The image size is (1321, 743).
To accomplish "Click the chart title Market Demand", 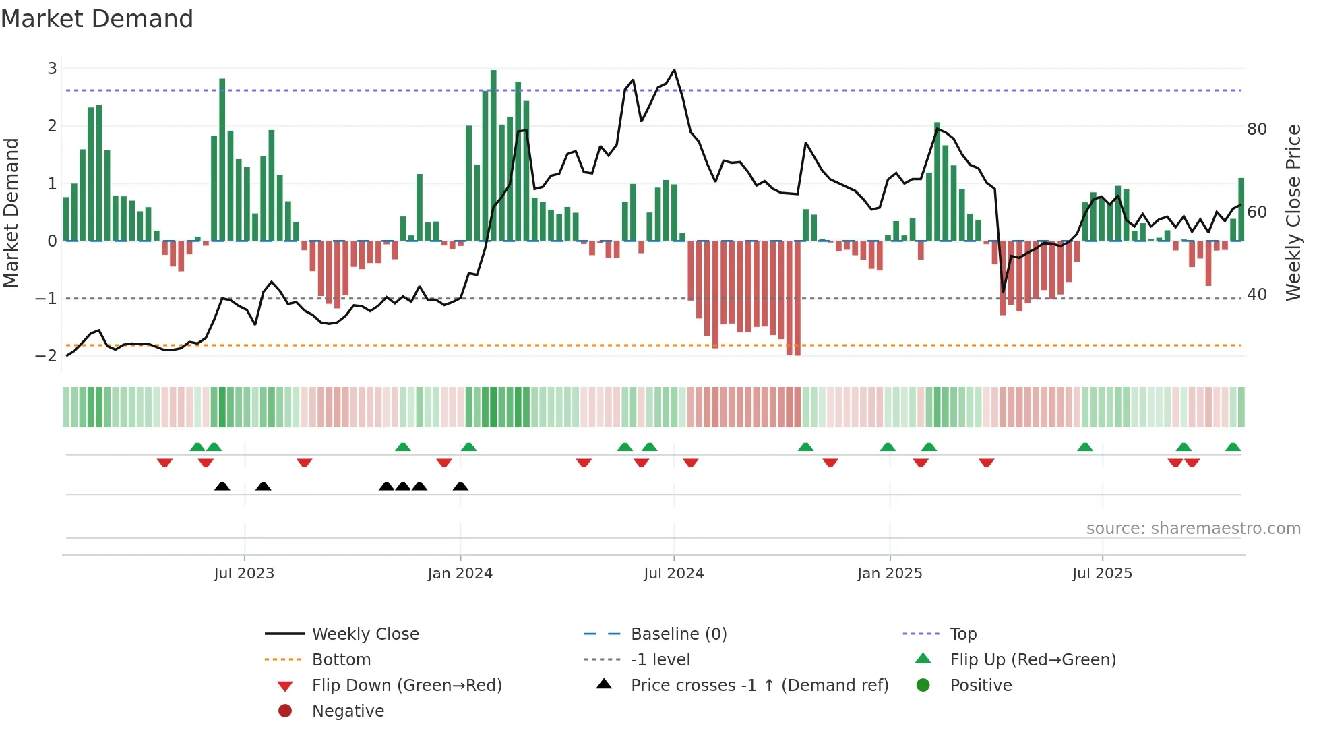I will (x=97, y=19).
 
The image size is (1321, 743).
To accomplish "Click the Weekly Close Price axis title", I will (x=1293, y=212).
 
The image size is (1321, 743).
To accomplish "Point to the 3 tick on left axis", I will (x=52, y=68).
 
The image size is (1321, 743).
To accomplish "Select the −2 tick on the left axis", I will (x=47, y=355).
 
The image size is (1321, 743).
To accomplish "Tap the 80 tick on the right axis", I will (x=1256, y=129).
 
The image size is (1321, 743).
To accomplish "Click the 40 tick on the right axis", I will (x=1256, y=294).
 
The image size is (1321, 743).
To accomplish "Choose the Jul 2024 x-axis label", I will (x=673, y=573).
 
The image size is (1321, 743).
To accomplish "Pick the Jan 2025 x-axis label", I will (x=889, y=573).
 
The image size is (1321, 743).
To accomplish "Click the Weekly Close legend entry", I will (x=365, y=634).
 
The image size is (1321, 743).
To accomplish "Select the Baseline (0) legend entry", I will (x=678, y=634).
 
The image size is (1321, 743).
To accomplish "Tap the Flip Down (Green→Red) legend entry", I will (x=406, y=685).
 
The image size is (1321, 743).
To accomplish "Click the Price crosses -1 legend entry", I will (x=759, y=685).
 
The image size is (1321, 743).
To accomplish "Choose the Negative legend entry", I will (x=348, y=711).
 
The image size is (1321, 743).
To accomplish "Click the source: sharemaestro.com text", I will (x=1193, y=528).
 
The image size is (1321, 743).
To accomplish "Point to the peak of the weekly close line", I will (x=674, y=70).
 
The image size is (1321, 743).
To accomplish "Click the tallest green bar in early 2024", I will (x=493, y=155).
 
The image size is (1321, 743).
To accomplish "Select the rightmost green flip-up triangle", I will (x=1233, y=447).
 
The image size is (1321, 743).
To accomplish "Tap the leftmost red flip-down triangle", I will (x=164, y=463).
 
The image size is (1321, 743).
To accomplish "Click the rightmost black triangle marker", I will (x=460, y=486).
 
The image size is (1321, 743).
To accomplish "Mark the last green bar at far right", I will (x=1241, y=209).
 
